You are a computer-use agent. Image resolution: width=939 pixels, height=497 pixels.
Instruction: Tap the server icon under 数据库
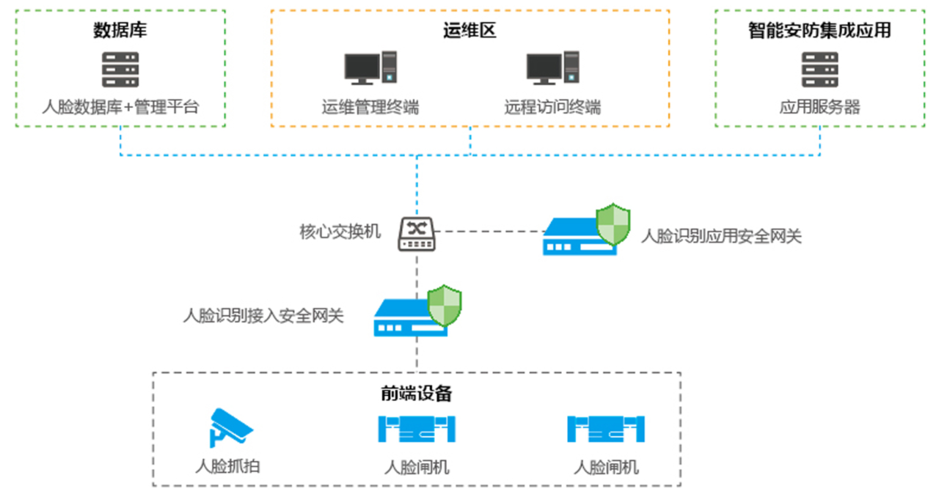tap(120, 70)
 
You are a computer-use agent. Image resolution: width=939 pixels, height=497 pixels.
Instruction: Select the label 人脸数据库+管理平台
tap(120, 107)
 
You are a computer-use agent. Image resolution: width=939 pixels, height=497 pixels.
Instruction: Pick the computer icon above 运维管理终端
tap(370, 68)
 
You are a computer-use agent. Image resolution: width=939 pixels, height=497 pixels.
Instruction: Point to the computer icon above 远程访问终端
tap(552, 68)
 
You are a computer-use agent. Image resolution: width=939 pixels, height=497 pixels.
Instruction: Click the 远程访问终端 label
tap(552, 107)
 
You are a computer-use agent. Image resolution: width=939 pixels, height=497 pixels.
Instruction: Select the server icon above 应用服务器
tap(819, 70)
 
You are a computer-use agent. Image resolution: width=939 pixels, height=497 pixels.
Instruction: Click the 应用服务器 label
tap(819, 107)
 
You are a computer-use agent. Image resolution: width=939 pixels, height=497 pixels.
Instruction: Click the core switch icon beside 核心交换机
tap(417, 234)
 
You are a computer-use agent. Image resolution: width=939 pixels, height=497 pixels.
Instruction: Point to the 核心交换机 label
tap(340, 232)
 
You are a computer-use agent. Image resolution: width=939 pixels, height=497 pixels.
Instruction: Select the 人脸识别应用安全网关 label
tap(721, 236)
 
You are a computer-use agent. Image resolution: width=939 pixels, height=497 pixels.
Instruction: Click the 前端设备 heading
tap(416, 394)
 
